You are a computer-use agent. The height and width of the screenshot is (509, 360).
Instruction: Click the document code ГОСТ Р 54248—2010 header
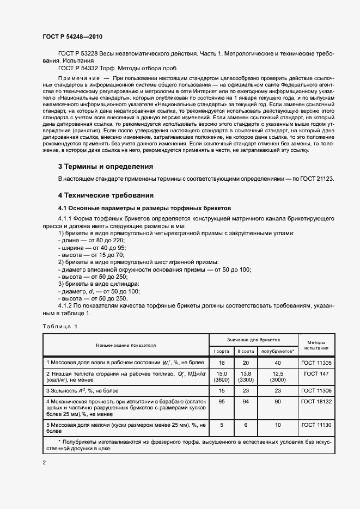click(72, 36)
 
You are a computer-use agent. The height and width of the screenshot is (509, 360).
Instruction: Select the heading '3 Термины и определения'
click(105, 166)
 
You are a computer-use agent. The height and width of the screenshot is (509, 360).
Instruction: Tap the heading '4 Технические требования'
click(106, 195)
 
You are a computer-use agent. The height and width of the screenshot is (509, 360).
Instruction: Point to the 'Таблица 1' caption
click(60, 326)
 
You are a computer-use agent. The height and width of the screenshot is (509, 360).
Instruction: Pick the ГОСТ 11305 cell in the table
click(316, 362)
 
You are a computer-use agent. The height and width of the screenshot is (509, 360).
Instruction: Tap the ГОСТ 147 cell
click(316, 374)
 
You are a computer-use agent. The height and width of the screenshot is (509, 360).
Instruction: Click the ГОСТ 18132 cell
click(316, 401)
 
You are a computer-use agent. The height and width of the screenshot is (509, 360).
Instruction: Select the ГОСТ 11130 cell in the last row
click(316, 425)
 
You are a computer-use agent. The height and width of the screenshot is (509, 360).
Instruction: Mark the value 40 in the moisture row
click(278, 362)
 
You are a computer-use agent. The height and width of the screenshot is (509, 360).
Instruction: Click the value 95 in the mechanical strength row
click(221, 401)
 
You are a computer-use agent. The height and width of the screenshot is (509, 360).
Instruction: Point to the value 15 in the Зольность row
click(221, 390)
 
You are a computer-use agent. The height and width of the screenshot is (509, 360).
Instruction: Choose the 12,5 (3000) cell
click(278, 377)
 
